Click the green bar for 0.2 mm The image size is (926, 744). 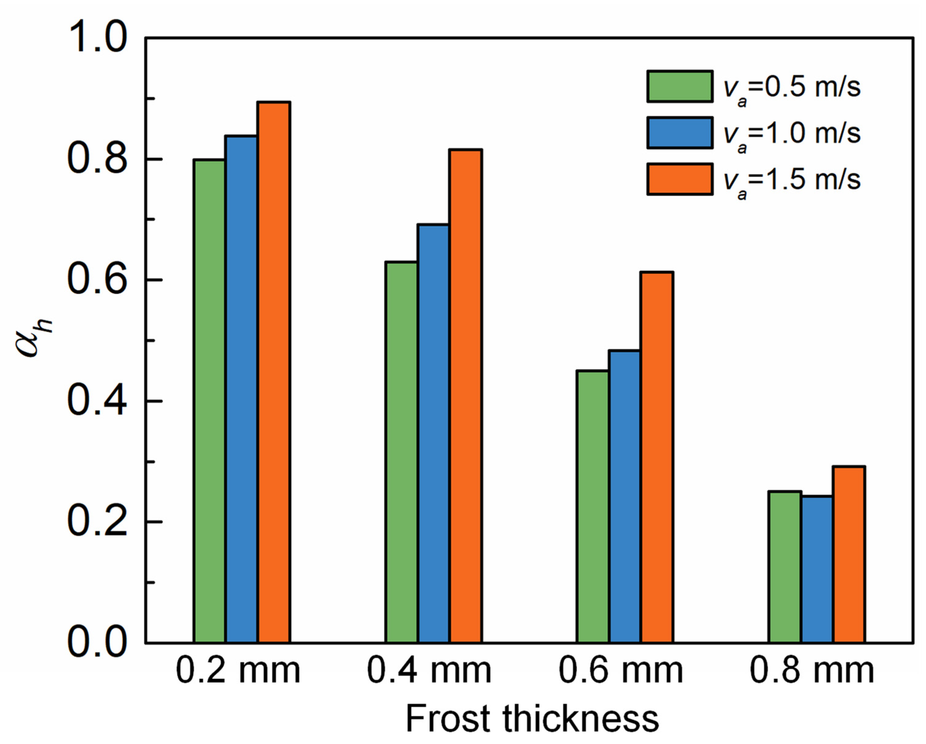[209, 402]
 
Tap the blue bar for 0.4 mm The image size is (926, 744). [433, 434]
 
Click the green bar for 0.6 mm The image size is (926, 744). [593, 507]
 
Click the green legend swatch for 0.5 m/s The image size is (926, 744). [680, 86]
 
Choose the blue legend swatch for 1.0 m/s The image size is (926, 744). [680, 133]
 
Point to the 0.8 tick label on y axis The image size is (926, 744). [97, 159]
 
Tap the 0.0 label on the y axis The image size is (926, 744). [97, 643]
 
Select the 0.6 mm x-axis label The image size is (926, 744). [621, 671]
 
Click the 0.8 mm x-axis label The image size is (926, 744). [812, 671]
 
